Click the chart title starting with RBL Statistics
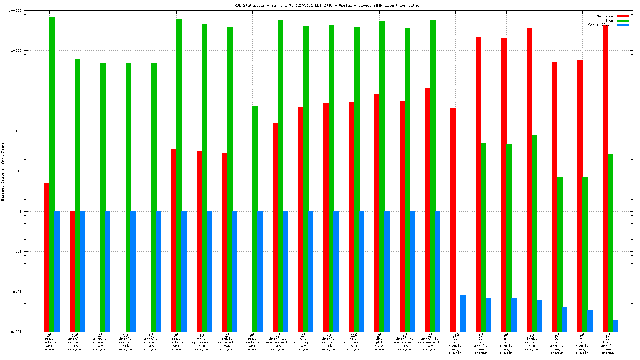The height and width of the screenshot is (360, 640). [328, 5]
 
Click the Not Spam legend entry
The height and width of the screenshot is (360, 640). [605, 16]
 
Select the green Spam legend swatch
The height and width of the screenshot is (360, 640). [623, 20]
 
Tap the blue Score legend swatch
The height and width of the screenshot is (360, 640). [623, 25]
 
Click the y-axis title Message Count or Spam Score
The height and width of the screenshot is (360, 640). [3, 172]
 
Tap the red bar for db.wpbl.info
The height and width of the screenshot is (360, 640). [377, 213]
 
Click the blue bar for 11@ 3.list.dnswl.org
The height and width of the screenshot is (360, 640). [463, 313]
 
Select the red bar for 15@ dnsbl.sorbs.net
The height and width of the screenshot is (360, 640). [72, 272]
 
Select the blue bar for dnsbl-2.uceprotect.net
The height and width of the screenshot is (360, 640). [412, 272]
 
